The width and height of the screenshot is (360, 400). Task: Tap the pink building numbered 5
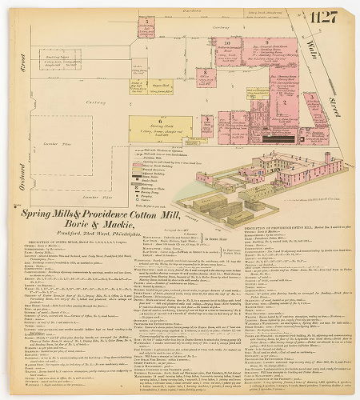(x=146, y=26)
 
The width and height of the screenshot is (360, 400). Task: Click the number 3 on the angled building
(x=310, y=97)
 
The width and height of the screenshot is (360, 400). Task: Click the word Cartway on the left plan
(x=94, y=103)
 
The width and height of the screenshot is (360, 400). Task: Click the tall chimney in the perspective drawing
(x=326, y=158)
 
